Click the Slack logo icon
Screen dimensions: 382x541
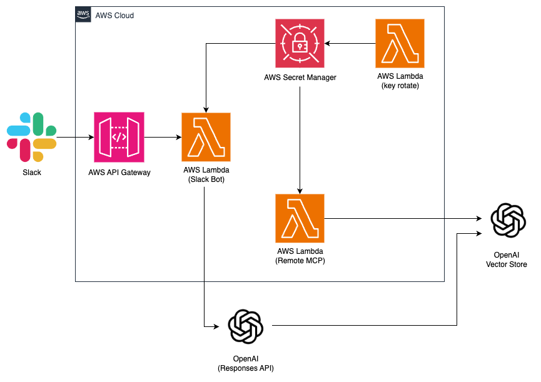(x=32, y=137)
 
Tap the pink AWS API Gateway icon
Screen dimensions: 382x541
(x=119, y=137)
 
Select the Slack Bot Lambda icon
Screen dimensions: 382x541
(x=206, y=137)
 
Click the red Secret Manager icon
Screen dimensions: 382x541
(x=300, y=43)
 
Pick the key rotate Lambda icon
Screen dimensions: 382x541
(x=400, y=43)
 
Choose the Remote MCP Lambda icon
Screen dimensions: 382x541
(x=300, y=218)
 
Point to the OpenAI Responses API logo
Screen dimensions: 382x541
(x=245, y=327)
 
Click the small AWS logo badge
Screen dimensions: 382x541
(x=83, y=14)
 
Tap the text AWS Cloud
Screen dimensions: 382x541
(x=114, y=15)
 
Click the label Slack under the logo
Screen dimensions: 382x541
(x=32, y=173)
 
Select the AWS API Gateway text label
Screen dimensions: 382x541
(x=119, y=173)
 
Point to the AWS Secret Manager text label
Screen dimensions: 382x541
(x=300, y=78)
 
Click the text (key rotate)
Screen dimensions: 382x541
(x=400, y=86)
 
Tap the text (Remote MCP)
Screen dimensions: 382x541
(x=300, y=261)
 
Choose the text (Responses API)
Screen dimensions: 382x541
(x=245, y=368)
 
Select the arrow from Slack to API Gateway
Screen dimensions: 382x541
(x=75, y=137)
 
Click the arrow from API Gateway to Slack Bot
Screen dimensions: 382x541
(x=163, y=137)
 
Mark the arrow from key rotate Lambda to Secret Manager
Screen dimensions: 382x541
(x=349, y=43)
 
